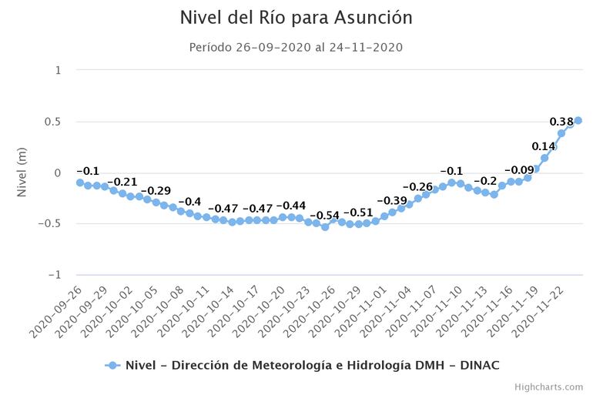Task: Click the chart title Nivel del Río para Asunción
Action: (296, 17)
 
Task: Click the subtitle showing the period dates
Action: (296, 48)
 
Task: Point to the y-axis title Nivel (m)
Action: (22, 172)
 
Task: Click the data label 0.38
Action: (561, 122)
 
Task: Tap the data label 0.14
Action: (544, 146)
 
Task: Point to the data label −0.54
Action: (324, 216)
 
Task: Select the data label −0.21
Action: (122, 182)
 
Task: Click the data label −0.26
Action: (417, 187)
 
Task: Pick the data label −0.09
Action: (519, 170)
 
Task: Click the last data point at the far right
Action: (578, 120)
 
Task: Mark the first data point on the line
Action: (80, 182)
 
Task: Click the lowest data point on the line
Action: (325, 227)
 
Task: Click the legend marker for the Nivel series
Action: (112, 365)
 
